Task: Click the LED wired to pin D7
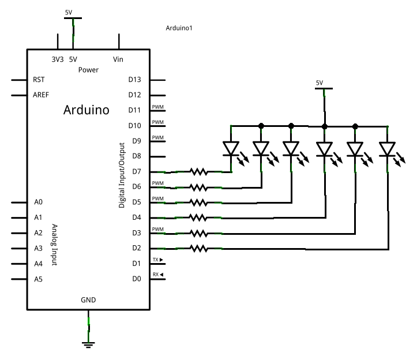[x=231, y=149]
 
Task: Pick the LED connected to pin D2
[x=387, y=149]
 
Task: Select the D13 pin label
[x=134, y=80]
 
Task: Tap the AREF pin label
[x=42, y=95]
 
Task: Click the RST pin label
[x=39, y=80]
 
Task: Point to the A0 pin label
[x=39, y=202]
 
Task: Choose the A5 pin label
[x=39, y=279]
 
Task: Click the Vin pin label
[x=119, y=59]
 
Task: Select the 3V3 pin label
[x=57, y=59]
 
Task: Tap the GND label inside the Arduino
[x=88, y=300]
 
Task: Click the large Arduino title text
[x=86, y=110]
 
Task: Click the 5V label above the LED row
[x=320, y=83]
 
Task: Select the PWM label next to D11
[x=157, y=107]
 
